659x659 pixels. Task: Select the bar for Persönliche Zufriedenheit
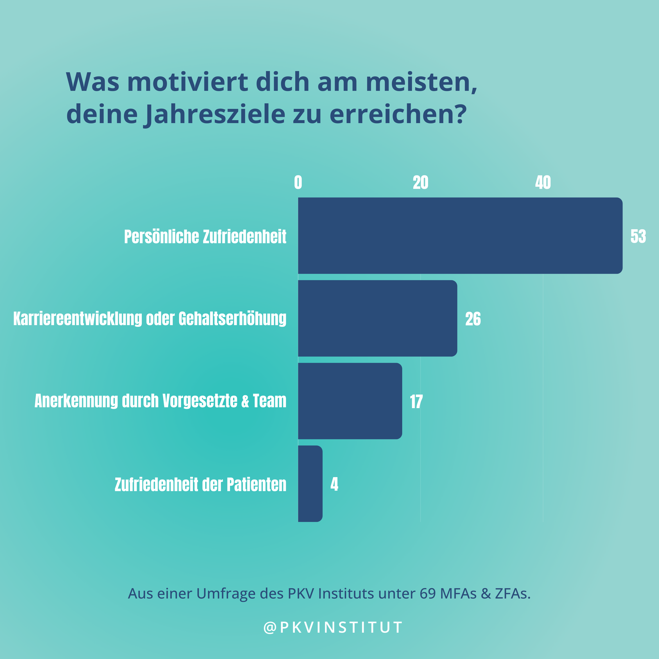pos(460,235)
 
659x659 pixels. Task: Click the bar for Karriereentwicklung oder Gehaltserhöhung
pos(378,318)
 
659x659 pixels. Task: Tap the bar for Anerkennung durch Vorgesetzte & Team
pos(350,401)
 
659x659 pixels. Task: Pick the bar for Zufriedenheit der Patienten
pos(310,484)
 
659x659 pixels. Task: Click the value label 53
pos(638,236)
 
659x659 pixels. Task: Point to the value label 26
pos(473,319)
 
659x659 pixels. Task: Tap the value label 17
pos(416,402)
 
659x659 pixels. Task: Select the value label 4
pos(334,484)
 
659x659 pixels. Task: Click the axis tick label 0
pos(298,183)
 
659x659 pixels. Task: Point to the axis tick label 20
pos(420,183)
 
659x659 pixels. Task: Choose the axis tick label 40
pos(543,183)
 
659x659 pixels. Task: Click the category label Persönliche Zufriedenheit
pos(205,237)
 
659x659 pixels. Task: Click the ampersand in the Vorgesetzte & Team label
pos(245,401)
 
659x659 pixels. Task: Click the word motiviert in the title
pos(187,82)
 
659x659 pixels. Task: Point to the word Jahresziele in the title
pos(216,114)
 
